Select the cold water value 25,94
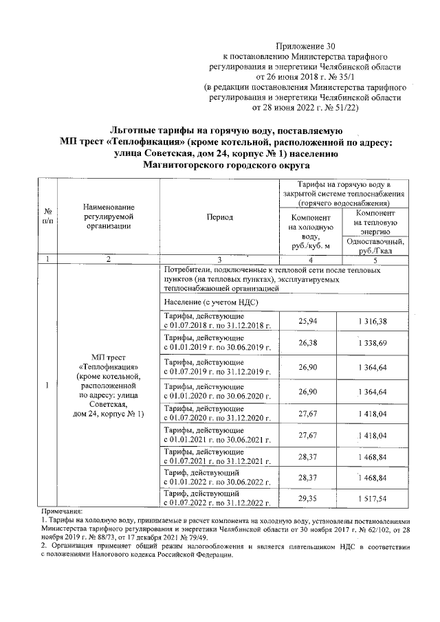[307, 321]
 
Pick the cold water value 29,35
[307, 497]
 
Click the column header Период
[219, 217]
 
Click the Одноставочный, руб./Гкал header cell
[376, 246]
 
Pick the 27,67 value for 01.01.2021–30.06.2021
[307, 435]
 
